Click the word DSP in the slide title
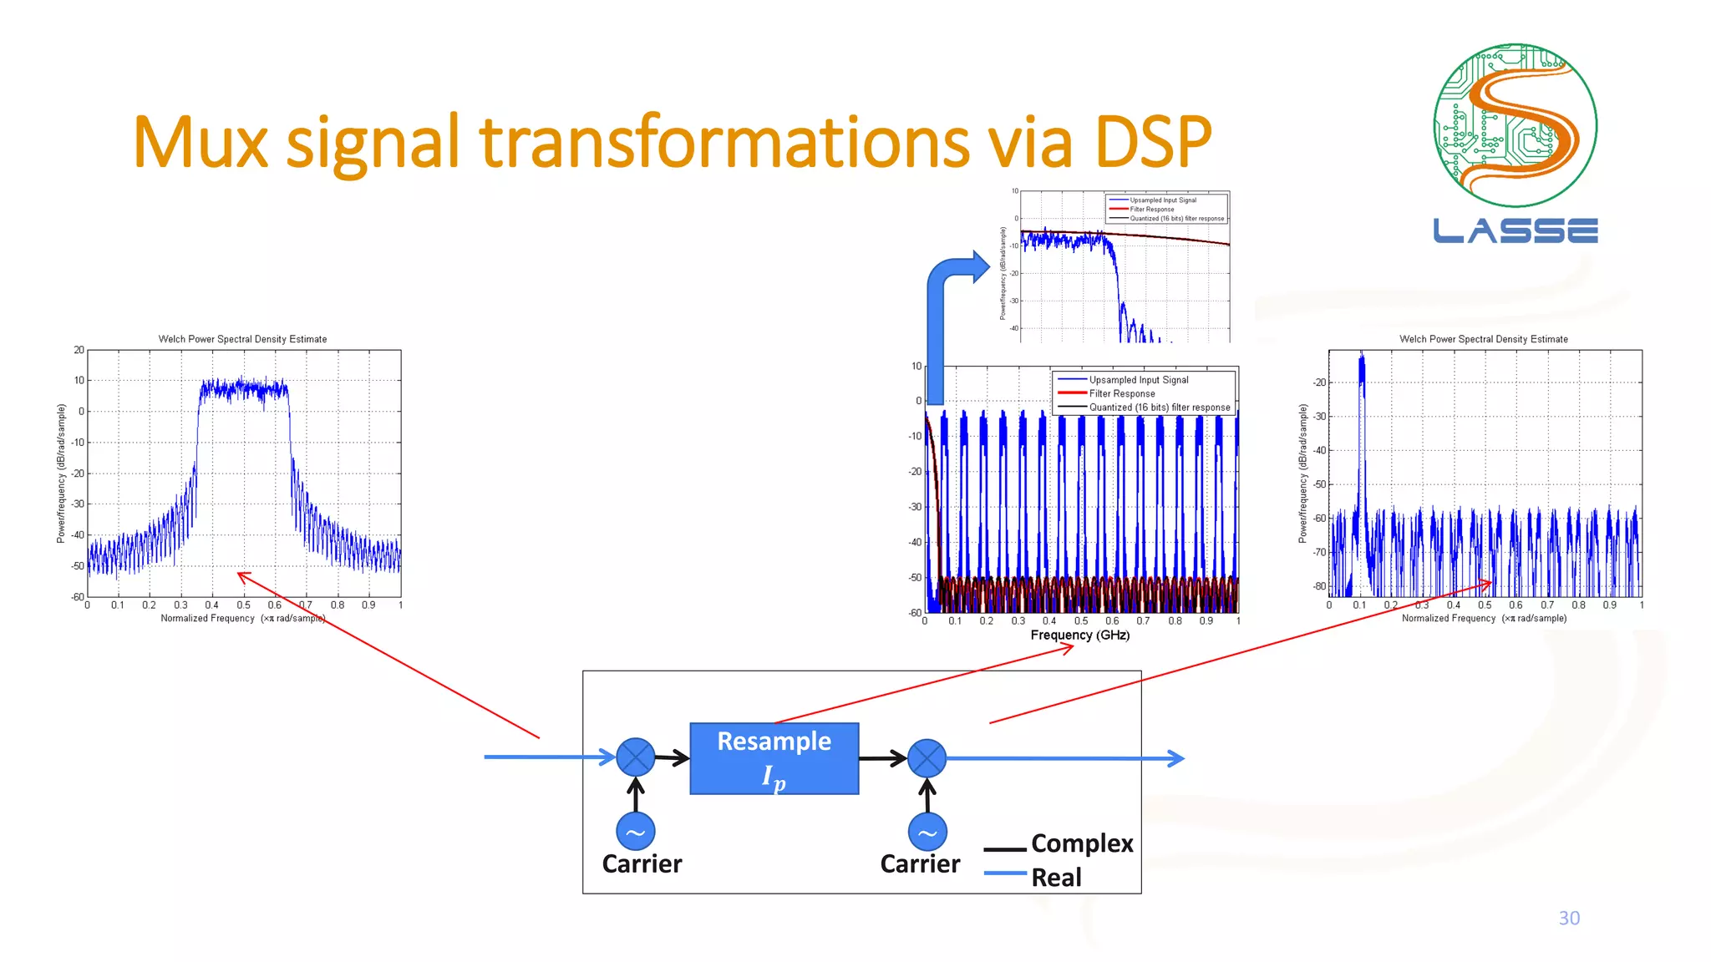click(x=1152, y=142)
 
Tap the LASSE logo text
click(x=1515, y=230)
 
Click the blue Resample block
click(x=774, y=758)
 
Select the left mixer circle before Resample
click(x=635, y=757)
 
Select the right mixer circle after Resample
click(x=927, y=758)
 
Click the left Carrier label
click(x=642, y=863)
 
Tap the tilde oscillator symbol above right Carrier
click(x=927, y=832)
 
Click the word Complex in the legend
click(x=1082, y=843)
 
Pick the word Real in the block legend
click(x=1056, y=878)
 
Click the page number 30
click(x=1568, y=918)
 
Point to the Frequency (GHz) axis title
click(x=1079, y=635)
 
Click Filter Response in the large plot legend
click(x=1121, y=393)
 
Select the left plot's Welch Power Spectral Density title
click(x=242, y=339)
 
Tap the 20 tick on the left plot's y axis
click(x=79, y=350)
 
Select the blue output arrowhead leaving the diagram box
click(x=1176, y=758)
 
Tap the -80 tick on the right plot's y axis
click(x=1319, y=586)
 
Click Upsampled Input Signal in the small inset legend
click(x=1162, y=200)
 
